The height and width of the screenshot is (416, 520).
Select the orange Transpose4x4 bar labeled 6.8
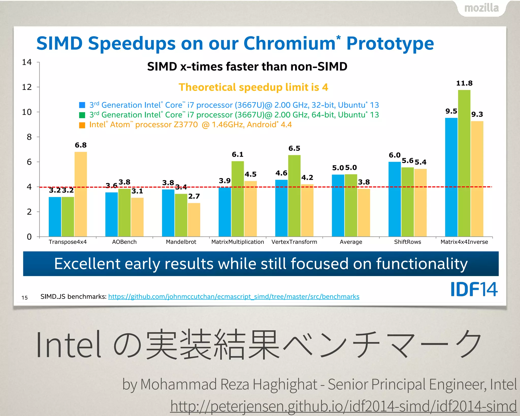[x=80, y=194]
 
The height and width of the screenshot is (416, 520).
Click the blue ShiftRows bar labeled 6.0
[x=395, y=199]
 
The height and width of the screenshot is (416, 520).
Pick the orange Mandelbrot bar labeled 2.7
[x=194, y=220]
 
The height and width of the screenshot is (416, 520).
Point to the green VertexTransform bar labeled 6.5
[x=294, y=196]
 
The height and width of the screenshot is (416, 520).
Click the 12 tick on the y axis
[x=27, y=87]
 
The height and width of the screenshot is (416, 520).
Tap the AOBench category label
[x=124, y=242]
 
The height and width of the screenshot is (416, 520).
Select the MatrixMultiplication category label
[x=238, y=242]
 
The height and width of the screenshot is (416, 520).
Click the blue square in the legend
[x=82, y=105]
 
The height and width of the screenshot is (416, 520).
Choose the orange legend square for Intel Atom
[x=82, y=125]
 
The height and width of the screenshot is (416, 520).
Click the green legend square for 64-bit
[x=82, y=115]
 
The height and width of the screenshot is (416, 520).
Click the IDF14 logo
[x=474, y=289]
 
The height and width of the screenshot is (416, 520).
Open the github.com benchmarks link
[x=234, y=296]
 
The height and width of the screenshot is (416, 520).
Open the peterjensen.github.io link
[x=343, y=406]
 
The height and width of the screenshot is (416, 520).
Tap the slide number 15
[x=25, y=298]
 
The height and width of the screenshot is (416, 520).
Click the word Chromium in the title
[x=289, y=43]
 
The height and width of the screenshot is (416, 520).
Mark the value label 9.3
[x=477, y=114]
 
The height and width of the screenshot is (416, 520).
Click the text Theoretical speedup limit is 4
[x=253, y=87]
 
